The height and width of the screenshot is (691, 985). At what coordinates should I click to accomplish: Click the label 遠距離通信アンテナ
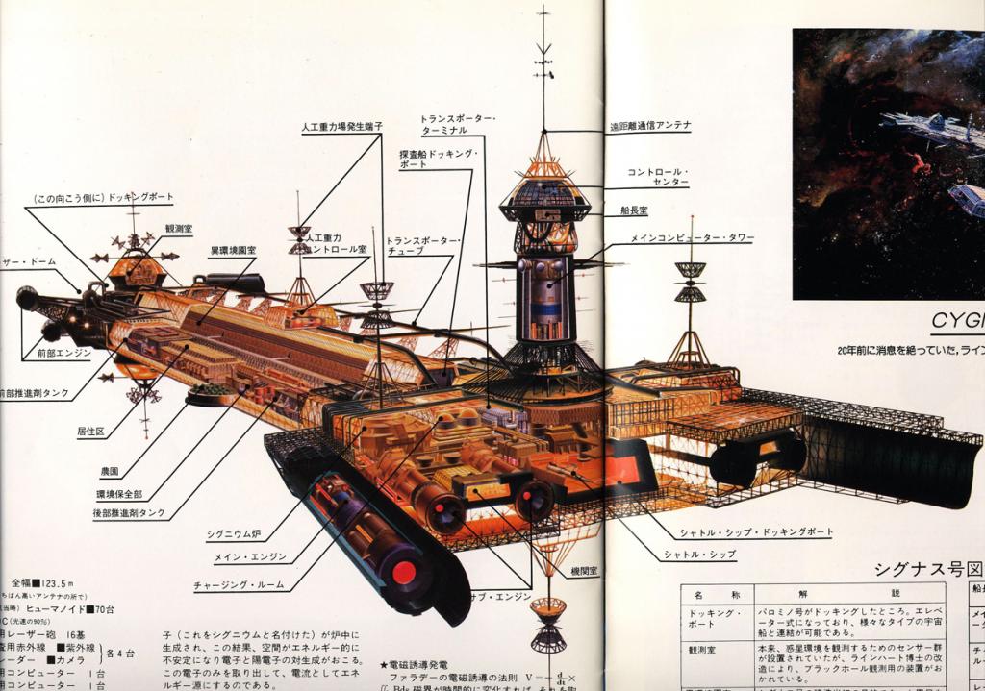649,125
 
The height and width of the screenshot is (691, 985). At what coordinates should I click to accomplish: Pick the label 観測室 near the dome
179,229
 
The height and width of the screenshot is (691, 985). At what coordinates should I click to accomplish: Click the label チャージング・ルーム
236,582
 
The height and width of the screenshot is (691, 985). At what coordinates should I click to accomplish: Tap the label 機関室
582,570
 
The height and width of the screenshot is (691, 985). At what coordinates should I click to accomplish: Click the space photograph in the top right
888,163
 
